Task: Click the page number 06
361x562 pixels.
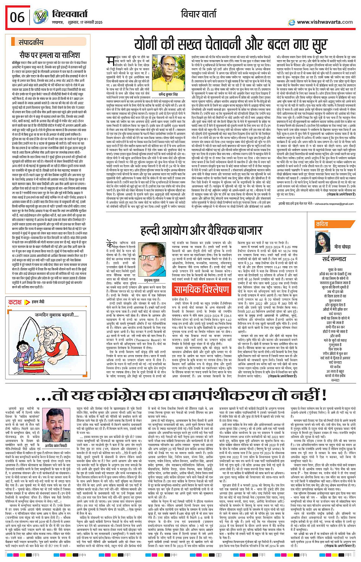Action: click(x=17, y=18)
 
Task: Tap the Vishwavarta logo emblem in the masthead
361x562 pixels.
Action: click(x=40, y=17)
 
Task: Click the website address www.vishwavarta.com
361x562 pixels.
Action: click(x=325, y=22)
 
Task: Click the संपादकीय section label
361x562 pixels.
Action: click(x=31, y=42)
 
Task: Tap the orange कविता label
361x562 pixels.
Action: click(x=322, y=224)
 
